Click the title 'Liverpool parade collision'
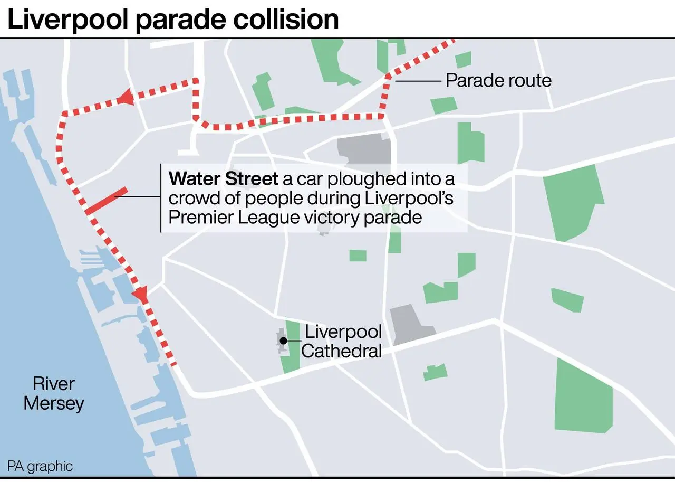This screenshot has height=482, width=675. (x=173, y=20)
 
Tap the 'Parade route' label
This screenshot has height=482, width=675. (x=498, y=80)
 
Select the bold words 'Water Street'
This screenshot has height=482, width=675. (x=223, y=179)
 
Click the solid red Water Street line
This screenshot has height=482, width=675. (x=106, y=201)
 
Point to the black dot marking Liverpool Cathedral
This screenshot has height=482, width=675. (x=283, y=341)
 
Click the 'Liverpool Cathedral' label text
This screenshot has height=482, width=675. (x=342, y=341)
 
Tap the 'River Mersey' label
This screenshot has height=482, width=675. (x=54, y=393)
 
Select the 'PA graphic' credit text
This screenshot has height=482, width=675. (x=40, y=466)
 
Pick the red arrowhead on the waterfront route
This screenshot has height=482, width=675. (x=141, y=294)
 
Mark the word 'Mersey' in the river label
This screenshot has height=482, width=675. (x=54, y=403)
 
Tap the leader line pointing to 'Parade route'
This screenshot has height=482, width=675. (x=417, y=81)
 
